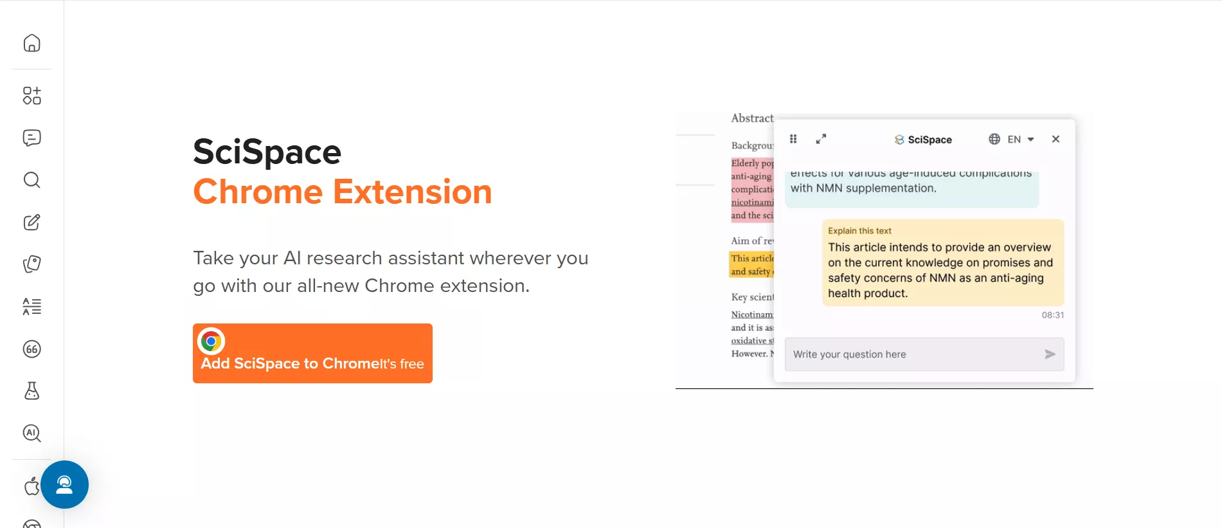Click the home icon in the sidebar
coord(31,43)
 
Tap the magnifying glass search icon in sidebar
coord(31,180)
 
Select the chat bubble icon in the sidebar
coord(31,138)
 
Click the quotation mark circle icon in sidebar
coord(31,349)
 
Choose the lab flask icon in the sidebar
coord(31,391)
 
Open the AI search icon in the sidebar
coord(31,433)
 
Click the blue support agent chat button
coord(64,484)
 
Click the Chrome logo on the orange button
coord(211,341)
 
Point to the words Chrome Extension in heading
coord(342,192)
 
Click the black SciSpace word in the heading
coord(267,152)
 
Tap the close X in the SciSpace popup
coord(1056,139)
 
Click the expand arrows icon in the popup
coord(821,139)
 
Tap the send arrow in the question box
coord(1050,354)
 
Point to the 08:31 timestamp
coord(1052,315)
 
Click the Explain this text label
coord(859,231)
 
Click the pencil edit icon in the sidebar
coord(31,223)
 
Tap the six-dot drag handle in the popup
coord(793,139)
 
